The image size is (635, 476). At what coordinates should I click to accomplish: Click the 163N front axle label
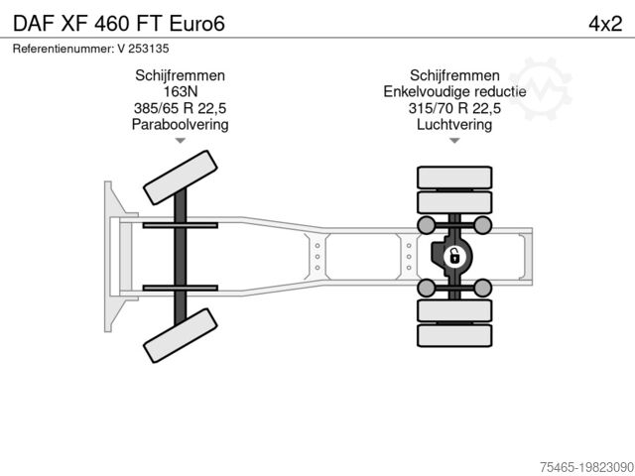tap(180, 92)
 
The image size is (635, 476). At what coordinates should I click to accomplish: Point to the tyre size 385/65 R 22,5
tap(180, 108)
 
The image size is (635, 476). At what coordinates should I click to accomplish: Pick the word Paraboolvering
tap(180, 124)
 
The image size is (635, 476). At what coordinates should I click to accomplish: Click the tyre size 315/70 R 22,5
tap(455, 108)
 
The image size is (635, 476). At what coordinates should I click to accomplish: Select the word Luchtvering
tap(455, 124)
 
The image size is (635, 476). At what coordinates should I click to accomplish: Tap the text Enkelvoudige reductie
tap(455, 92)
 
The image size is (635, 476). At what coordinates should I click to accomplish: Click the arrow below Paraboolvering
tap(180, 141)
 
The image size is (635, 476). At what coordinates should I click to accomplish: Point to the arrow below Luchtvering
tap(455, 141)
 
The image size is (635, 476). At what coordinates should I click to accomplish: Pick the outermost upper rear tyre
tap(454, 178)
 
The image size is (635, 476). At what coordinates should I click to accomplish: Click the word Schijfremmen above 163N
tap(180, 76)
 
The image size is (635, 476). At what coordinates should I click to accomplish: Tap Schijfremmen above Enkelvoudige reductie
tap(455, 76)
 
